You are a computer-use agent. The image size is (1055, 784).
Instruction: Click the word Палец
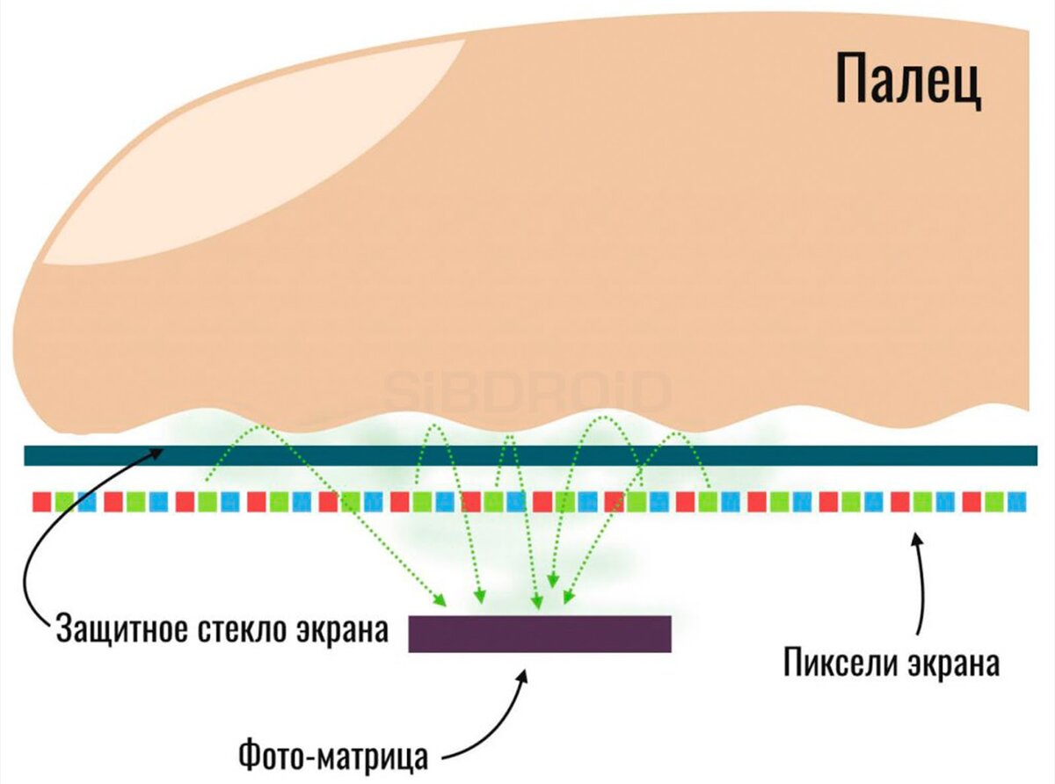coord(907,77)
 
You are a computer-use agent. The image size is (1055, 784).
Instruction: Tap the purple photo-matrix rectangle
coord(540,634)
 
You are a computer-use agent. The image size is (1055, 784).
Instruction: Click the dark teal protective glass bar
coord(527,455)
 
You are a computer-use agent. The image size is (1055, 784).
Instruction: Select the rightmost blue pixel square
coord(1016,502)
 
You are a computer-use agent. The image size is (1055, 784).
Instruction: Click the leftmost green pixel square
coord(64,502)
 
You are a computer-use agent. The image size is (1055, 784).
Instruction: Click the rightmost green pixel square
coord(994,502)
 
